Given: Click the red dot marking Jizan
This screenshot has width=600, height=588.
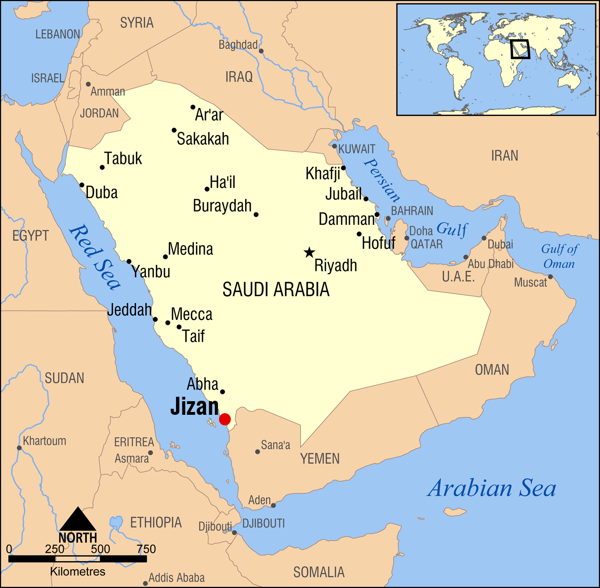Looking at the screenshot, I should click(225, 419).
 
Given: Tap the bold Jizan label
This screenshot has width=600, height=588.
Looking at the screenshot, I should click(195, 407).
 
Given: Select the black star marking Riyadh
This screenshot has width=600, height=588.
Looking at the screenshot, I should click(309, 252).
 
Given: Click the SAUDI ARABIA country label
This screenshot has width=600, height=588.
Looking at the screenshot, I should click(276, 290).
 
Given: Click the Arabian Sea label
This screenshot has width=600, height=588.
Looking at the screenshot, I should click(492, 488).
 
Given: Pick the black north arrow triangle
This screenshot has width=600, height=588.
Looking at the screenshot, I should click(78, 520).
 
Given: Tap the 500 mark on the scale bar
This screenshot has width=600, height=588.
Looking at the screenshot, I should click(100, 549).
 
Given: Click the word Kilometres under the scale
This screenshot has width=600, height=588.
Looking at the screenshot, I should click(78, 572).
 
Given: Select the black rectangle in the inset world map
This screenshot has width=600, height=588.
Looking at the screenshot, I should click(520, 49).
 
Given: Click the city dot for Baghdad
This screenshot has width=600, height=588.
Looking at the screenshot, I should click(261, 51).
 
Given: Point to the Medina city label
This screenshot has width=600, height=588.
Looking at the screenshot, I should click(190, 249).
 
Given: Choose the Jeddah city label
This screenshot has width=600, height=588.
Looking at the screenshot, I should click(130, 310).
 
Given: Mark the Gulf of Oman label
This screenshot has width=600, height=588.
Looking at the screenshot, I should click(559, 256).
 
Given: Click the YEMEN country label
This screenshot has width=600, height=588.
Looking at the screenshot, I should click(320, 459).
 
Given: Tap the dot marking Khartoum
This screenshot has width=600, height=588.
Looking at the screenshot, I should click(19, 448).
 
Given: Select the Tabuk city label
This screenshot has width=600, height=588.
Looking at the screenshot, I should click(123, 159).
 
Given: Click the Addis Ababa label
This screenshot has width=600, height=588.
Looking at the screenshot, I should click(176, 578).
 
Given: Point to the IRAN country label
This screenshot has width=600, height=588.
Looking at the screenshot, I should click(504, 156).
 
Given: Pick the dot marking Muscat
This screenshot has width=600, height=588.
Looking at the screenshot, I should click(550, 277).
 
